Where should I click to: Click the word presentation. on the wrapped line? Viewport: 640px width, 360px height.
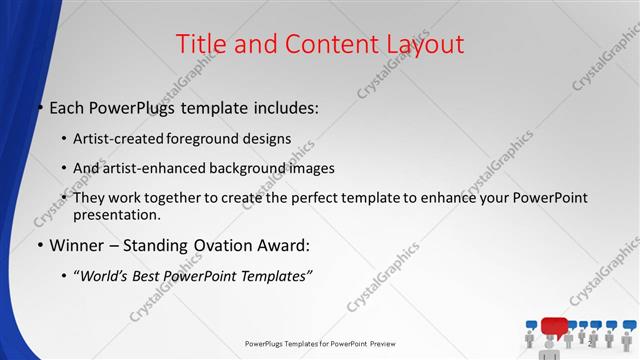point(117,214)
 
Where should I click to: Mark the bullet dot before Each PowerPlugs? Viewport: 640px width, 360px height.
point(40,108)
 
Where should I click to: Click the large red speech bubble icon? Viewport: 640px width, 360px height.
point(553,326)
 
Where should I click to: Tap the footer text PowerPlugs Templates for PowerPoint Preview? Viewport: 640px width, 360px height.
point(320,344)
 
